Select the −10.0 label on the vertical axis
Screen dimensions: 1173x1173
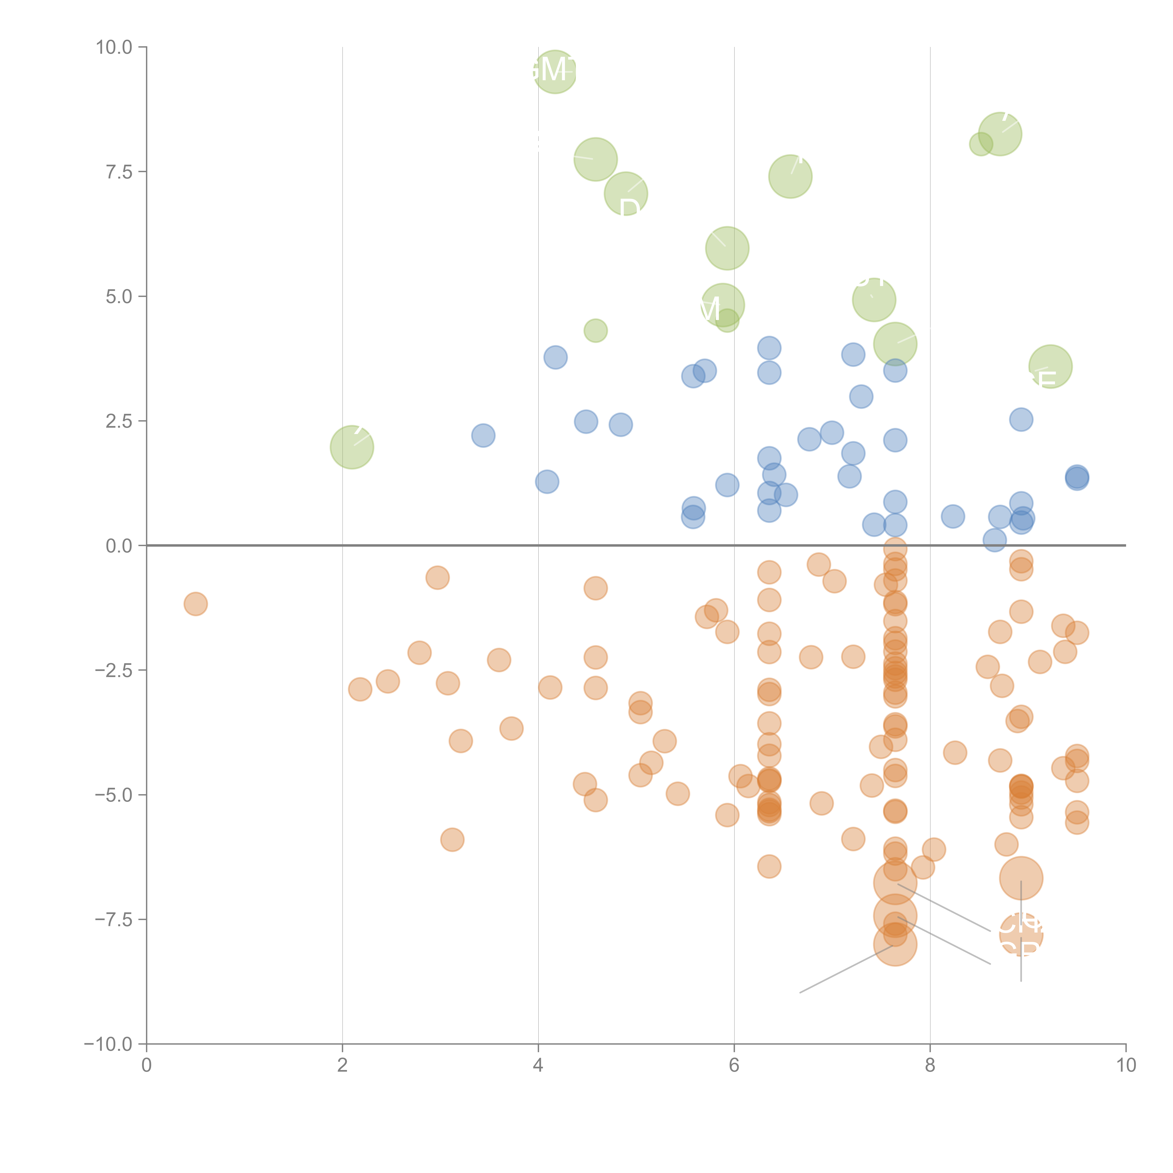(108, 1044)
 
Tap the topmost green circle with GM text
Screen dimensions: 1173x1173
(555, 72)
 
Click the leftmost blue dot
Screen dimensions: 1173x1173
(483, 435)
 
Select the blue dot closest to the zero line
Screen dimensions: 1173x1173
(994, 540)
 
